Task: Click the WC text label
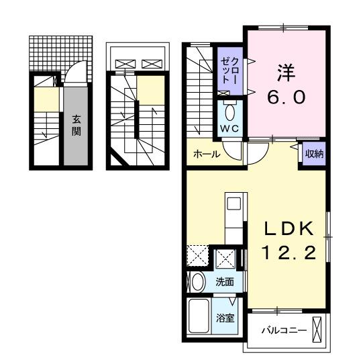230,128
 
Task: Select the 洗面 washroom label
224,282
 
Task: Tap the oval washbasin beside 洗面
197,283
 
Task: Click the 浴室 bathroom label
225,318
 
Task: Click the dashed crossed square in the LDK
197,257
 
